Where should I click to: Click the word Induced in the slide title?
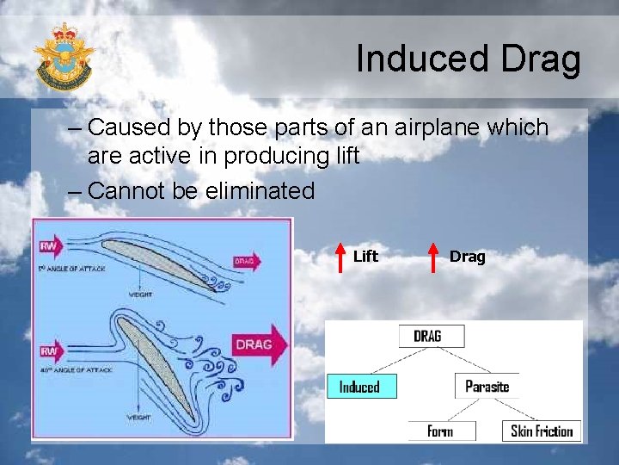click(x=412, y=59)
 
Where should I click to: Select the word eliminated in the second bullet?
click(x=260, y=190)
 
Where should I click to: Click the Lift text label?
click(x=365, y=256)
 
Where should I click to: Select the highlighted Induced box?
click(x=359, y=387)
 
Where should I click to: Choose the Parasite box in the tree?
click(x=487, y=387)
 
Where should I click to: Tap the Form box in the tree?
click(x=439, y=431)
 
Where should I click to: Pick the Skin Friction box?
click(x=542, y=431)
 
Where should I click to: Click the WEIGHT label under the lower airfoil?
click(x=140, y=418)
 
